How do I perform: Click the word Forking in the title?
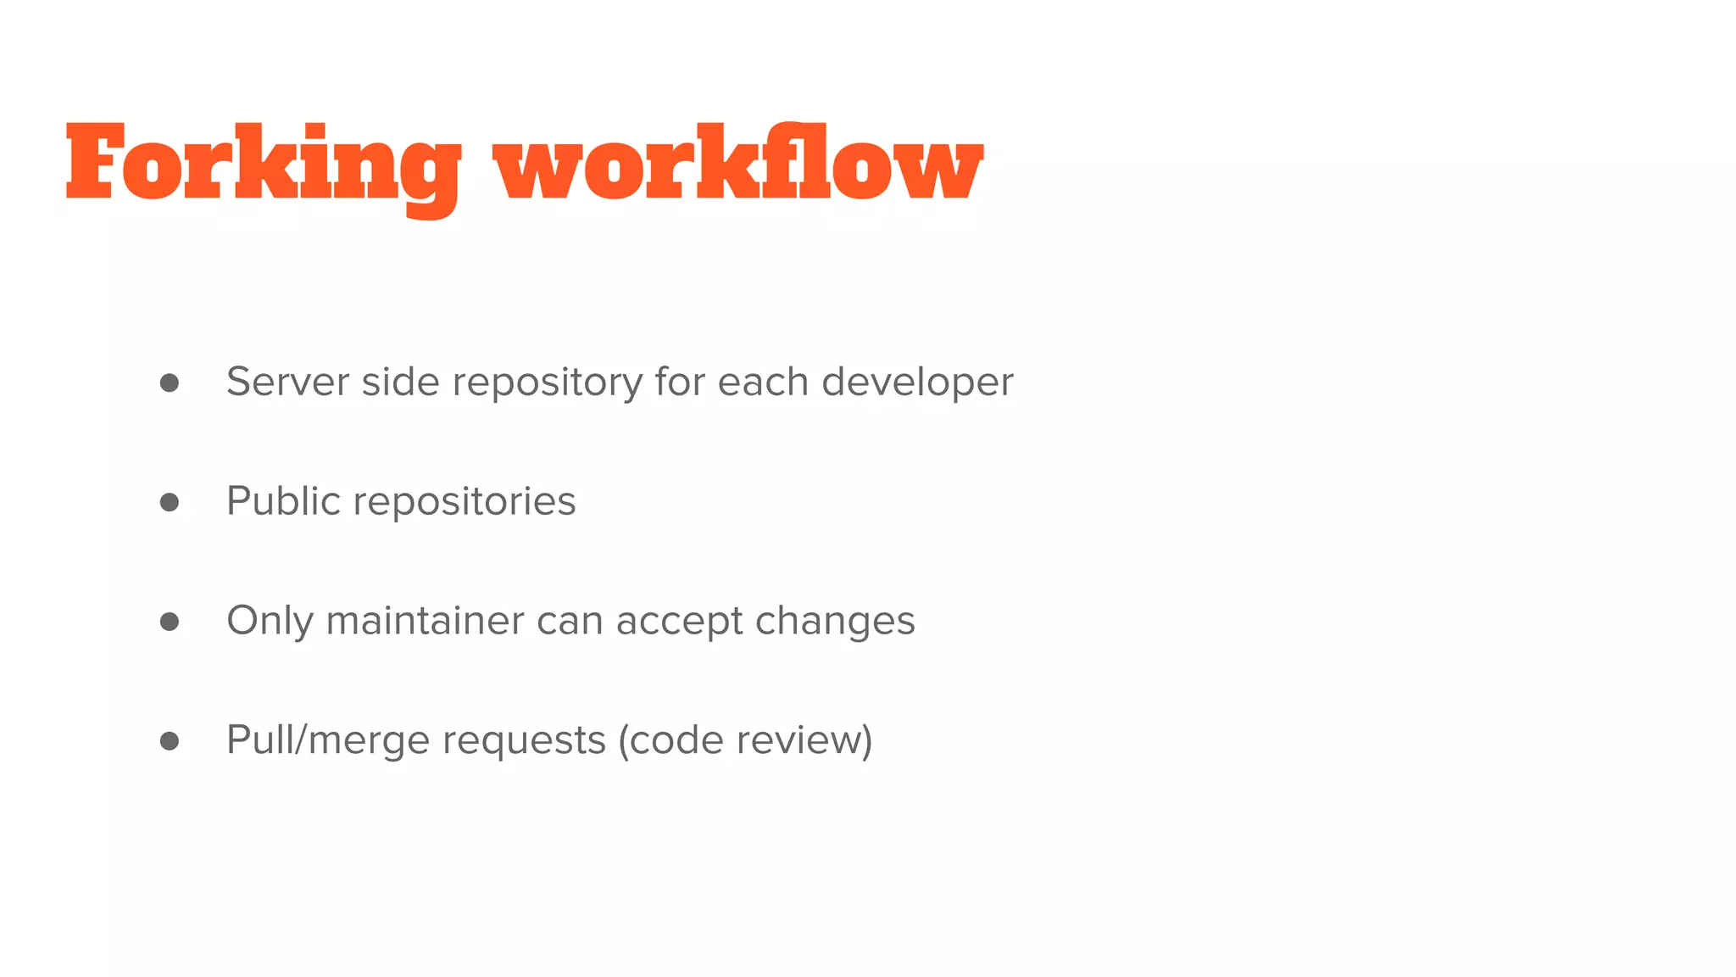tap(263, 165)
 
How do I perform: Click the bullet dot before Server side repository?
tap(170, 382)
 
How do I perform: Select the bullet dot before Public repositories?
tap(170, 502)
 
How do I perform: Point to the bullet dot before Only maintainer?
tap(170, 622)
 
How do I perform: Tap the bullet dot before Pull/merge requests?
tap(170, 741)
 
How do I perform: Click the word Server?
tap(287, 382)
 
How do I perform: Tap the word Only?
tap(270, 622)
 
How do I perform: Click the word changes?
tap(835, 622)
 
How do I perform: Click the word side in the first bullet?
tap(400, 382)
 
